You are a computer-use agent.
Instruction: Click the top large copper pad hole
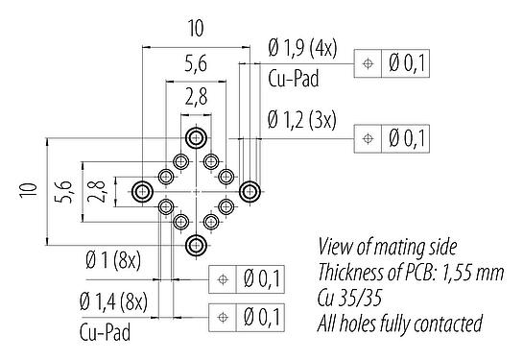point(196,137)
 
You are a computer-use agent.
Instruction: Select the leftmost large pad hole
point(142,191)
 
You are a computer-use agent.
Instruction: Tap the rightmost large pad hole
point(250,191)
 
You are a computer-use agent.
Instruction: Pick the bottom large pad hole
point(196,244)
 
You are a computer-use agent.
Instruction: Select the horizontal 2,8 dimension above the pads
point(197,94)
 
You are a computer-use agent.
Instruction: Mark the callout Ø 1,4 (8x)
point(113,304)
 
